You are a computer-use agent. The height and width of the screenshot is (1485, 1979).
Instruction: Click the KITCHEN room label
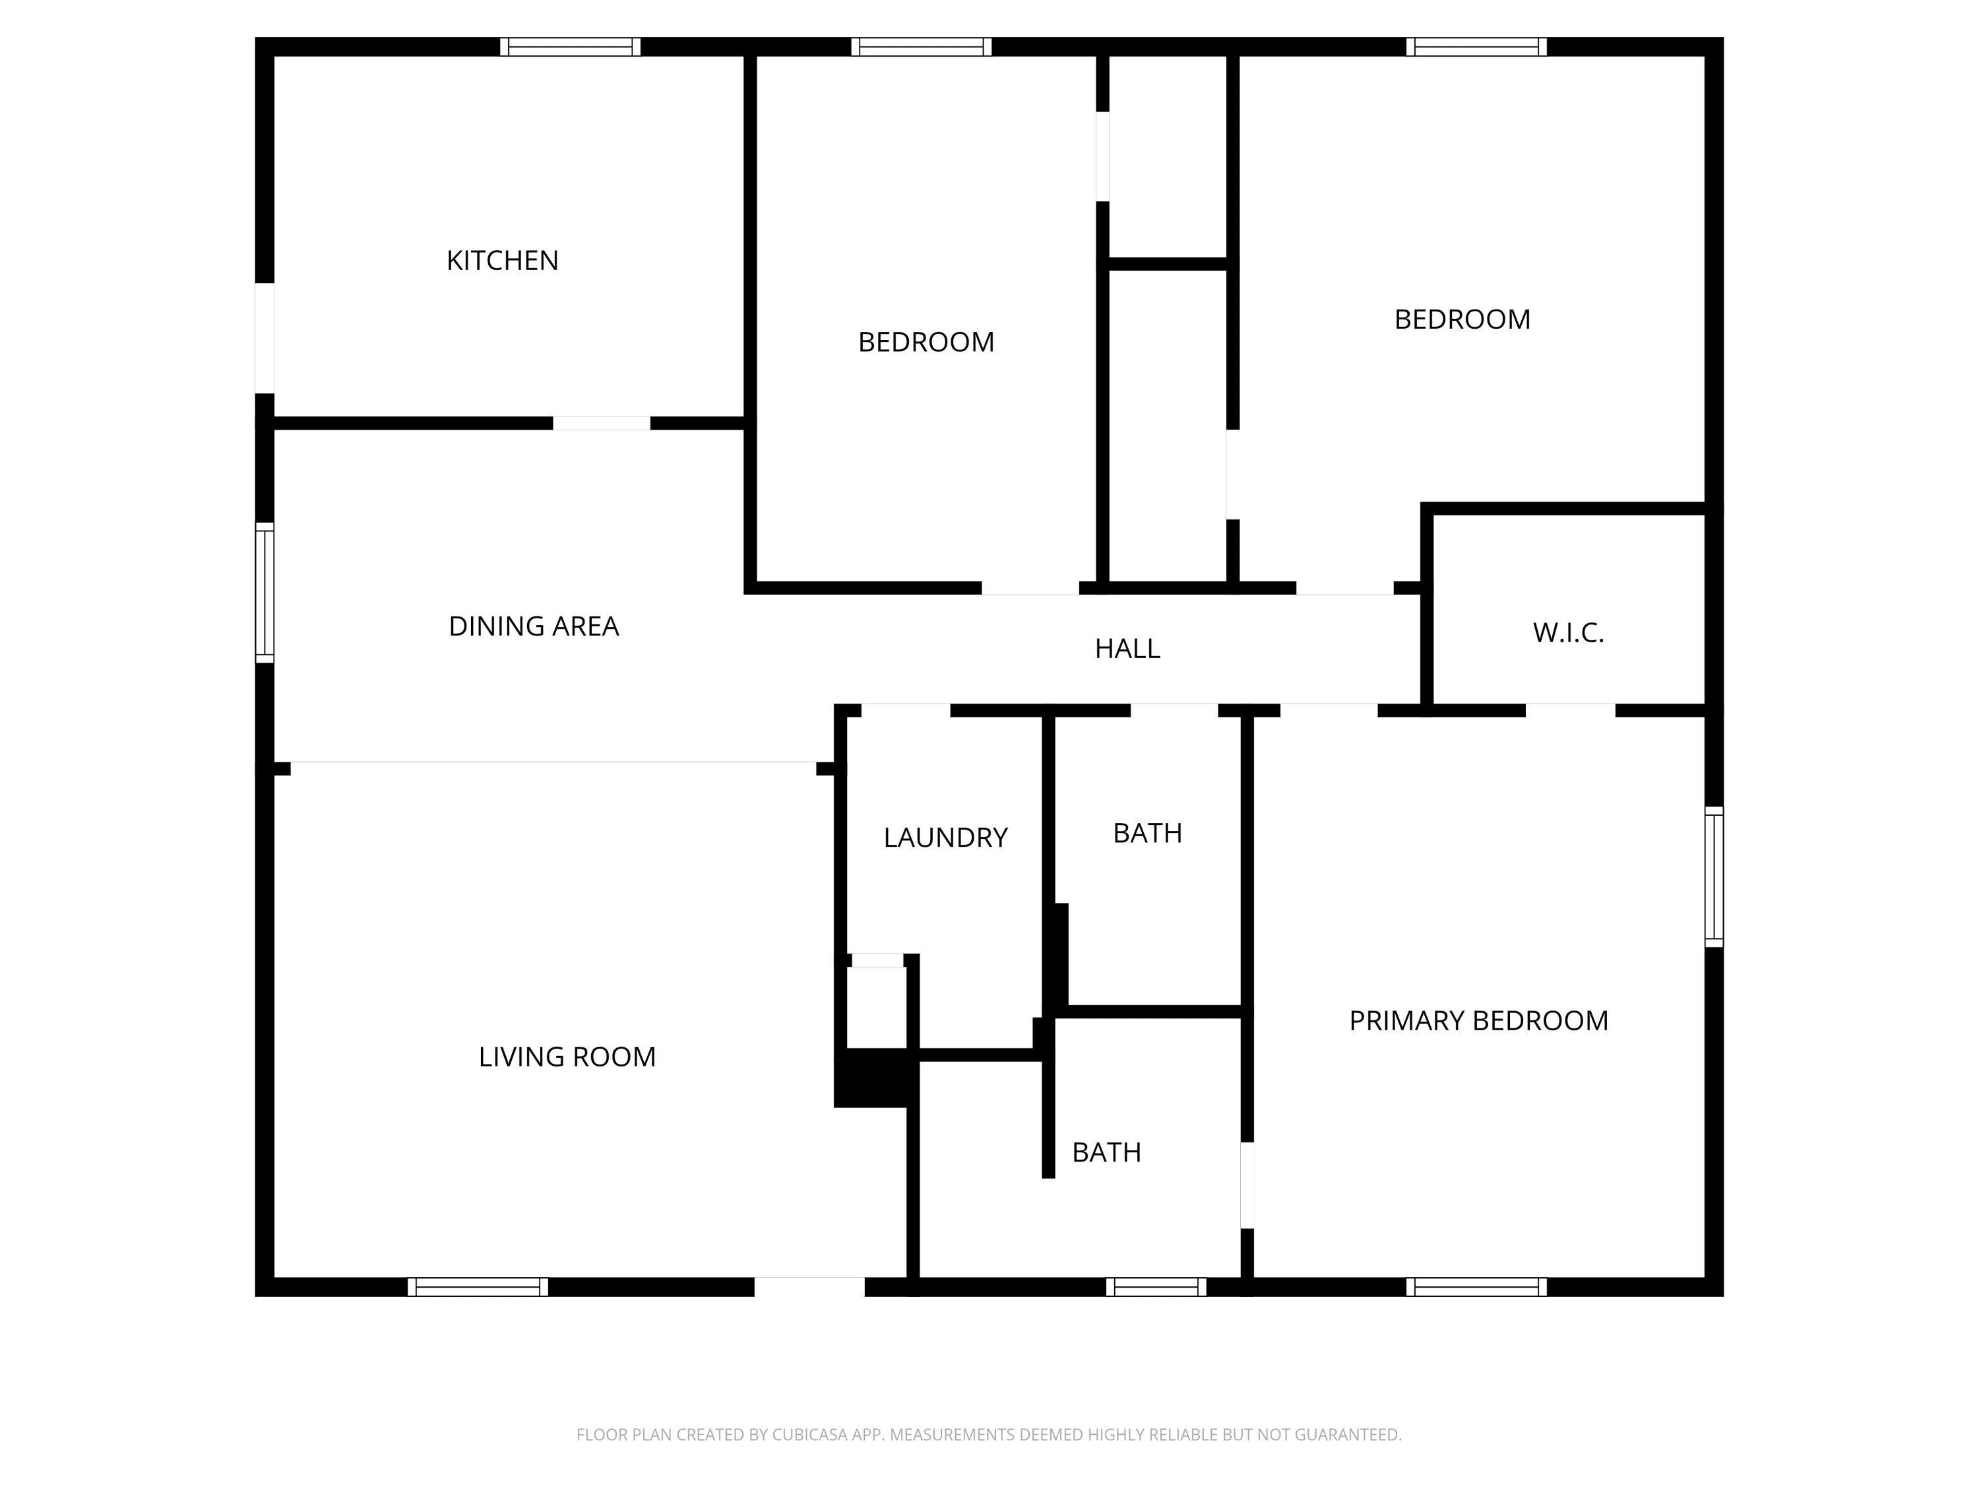point(502,261)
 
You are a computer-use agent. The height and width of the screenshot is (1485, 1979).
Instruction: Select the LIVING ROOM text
point(567,1057)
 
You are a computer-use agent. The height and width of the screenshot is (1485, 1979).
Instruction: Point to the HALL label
point(1127,649)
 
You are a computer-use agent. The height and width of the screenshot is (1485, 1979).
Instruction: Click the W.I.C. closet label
point(1568,634)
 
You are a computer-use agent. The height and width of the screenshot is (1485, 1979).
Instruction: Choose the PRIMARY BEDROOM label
point(1478,1021)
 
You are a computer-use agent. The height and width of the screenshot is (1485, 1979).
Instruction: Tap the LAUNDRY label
point(946,838)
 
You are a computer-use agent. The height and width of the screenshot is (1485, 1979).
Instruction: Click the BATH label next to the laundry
point(1147,834)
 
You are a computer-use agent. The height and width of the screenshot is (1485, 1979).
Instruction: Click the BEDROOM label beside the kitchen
point(926,342)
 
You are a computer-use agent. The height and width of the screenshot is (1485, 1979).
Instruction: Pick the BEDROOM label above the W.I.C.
point(1462,319)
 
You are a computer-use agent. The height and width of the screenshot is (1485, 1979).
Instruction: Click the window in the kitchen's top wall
point(570,47)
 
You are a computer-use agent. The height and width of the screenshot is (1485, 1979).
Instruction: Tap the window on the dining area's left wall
point(265,593)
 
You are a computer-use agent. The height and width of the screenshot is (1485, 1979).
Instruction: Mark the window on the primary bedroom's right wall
point(1713,876)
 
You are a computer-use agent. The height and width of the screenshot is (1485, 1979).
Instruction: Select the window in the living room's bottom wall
point(478,1286)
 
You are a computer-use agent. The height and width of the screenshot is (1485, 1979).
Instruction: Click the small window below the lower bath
point(1156,1286)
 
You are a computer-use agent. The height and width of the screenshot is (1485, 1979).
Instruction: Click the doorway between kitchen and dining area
point(601,424)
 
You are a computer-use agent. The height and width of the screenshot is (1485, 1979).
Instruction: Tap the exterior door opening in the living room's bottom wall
point(809,1286)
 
